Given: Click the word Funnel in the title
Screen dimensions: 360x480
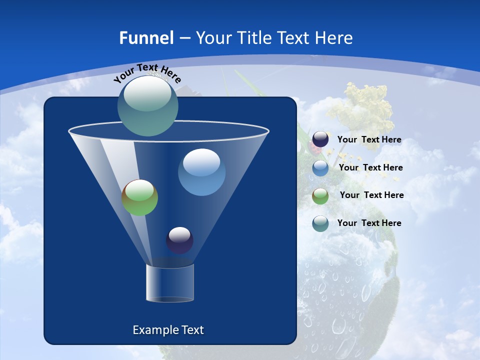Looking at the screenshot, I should point(146,38).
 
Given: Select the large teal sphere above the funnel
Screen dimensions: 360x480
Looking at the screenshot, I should point(147,105).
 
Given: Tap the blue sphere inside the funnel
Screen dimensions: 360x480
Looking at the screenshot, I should point(201,172).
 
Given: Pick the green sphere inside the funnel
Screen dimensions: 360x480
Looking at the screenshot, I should point(139,197).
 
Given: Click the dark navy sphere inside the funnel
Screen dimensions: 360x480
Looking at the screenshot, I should point(179,240).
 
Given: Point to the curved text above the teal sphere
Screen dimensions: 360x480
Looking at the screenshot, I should point(147,73).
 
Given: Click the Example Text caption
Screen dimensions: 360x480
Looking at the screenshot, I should point(168,330).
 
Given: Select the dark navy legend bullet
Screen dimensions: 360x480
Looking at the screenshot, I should point(320,139).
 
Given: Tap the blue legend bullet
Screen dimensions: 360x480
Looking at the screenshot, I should point(320,168).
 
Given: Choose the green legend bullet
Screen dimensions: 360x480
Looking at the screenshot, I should point(320,195).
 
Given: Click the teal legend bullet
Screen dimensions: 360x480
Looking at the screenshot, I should point(320,223).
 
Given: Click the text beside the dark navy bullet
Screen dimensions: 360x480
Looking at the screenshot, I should point(369,140).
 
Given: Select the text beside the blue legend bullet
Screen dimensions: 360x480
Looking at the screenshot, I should point(370,168).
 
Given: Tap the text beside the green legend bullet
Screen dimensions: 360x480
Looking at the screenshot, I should point(371,195).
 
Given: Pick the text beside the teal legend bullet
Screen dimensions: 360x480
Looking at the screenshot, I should point(369,223).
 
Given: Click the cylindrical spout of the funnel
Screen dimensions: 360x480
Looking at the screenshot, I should point(169,283).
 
